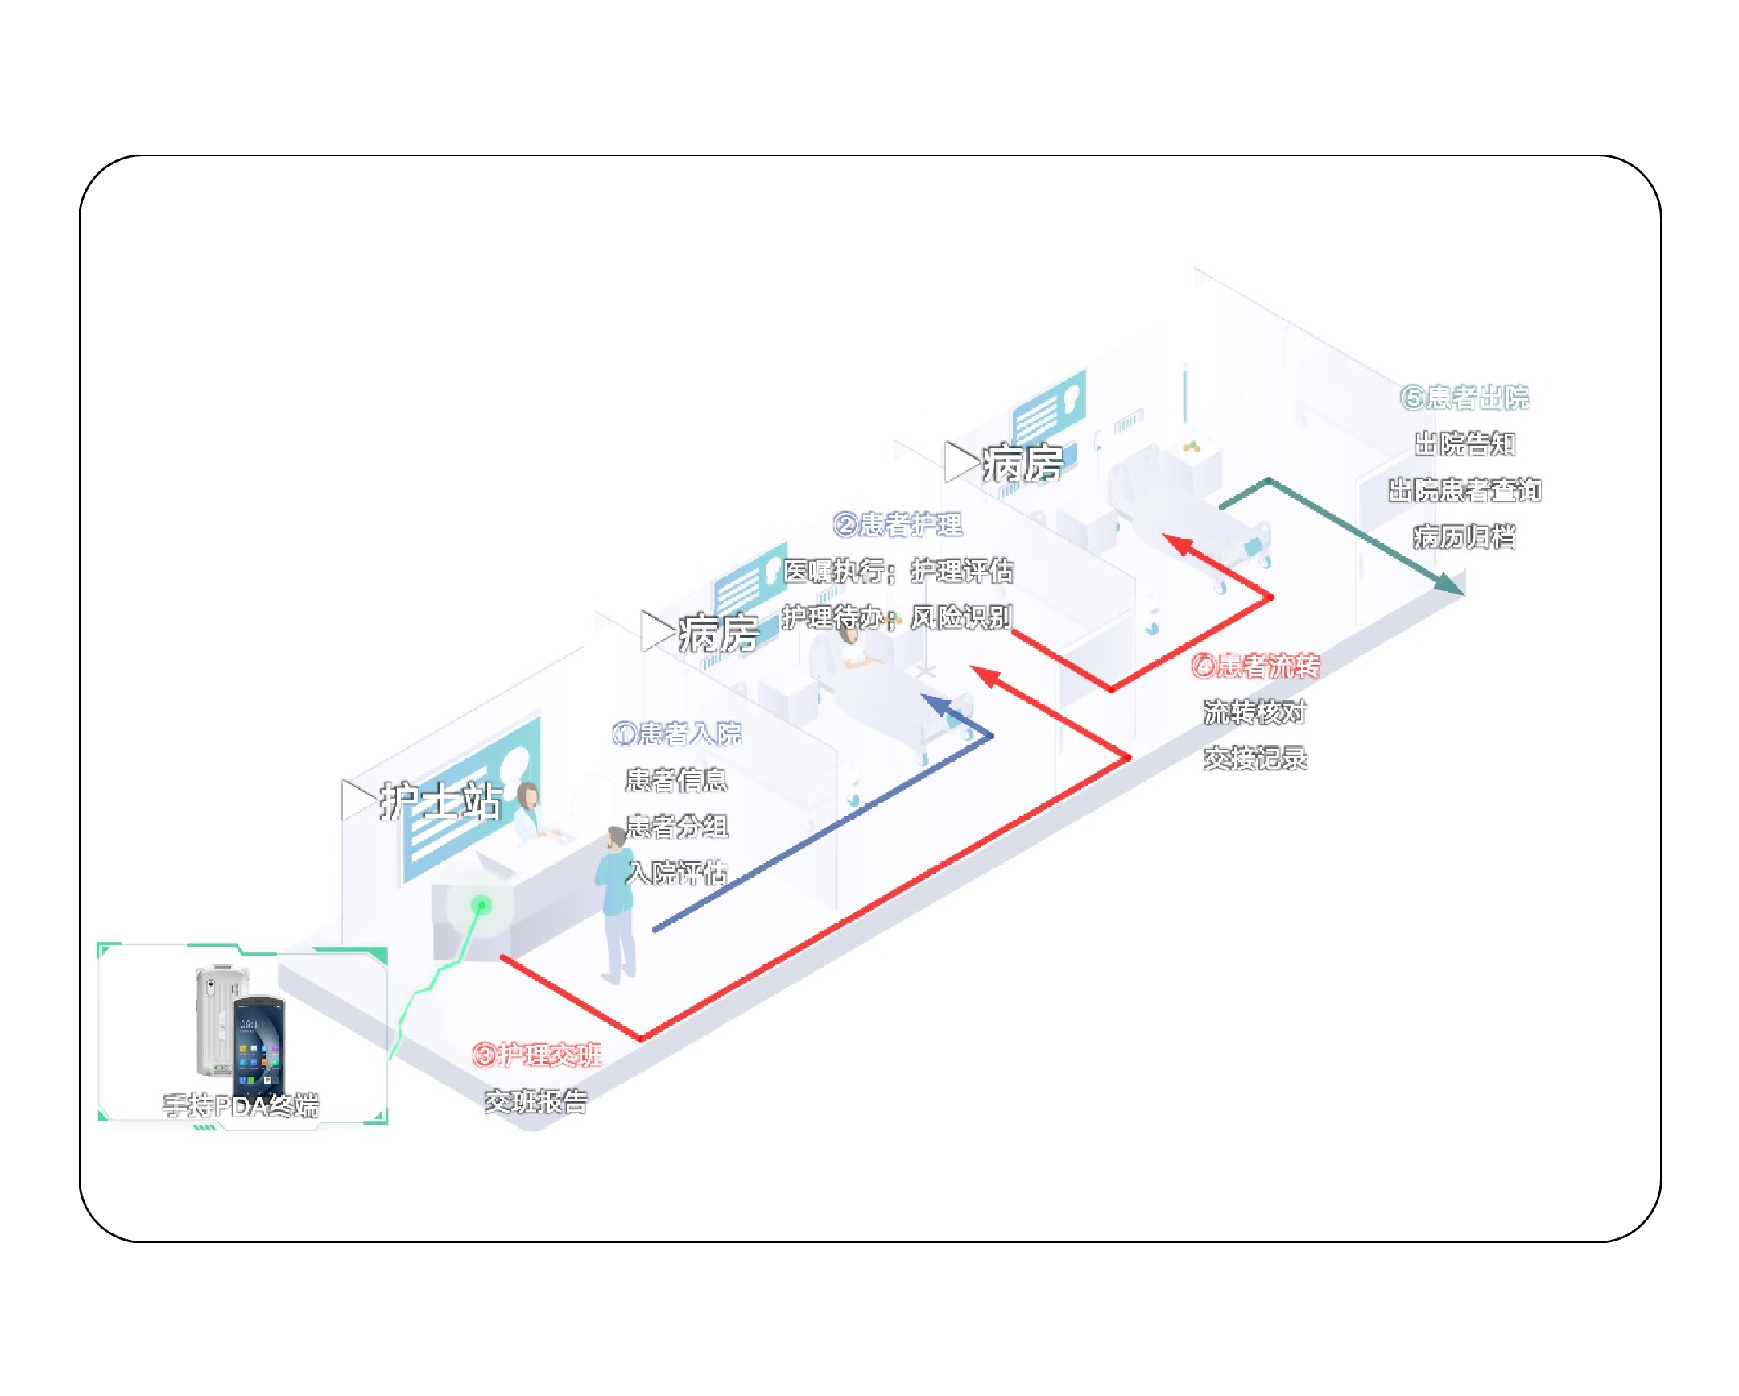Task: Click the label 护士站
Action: pyautogui.click(x=440, y=803)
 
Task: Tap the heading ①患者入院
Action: pyautogui.click(x=676, y=734)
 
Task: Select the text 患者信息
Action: pyautogui.click(x=676, y=780)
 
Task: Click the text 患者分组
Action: pyautogui.click(x=677, y=827)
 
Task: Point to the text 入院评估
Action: pyautogui.click(x=677, y=873)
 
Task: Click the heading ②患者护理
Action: pyautogui.click(x=897, y=525)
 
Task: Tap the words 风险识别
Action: pyautogui.click(x=960, y=617)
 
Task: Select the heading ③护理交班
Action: pyautogui.click(x=536, y=1055)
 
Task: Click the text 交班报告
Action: pyautogui.click(x=536, y=1101)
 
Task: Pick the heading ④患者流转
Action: pyautogui.click(x=1255, y=666)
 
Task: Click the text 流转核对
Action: pyautogui.click(x=1255, y=712)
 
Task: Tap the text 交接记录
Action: pyautogui.click(x=1255, y=758)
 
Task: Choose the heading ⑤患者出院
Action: pyautogui.click(x=1464, y=398)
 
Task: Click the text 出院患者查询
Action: pyautogui.click(x=1464, y=490)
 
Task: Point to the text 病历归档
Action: pyautogui.click(x=1464, y=536)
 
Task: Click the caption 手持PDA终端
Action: pyautogui.click(x=241, y=1105)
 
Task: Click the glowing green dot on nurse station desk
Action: pyautogui.click(x=481, y=905)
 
